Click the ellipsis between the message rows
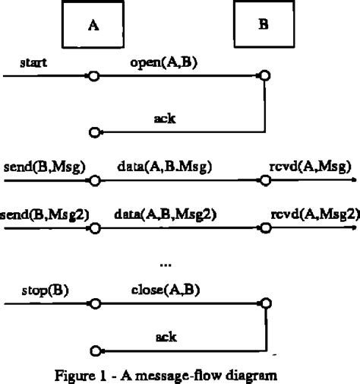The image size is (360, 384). (167, 263)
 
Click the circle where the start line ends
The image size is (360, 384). (94, 77)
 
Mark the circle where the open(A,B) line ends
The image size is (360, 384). (264, 77)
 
